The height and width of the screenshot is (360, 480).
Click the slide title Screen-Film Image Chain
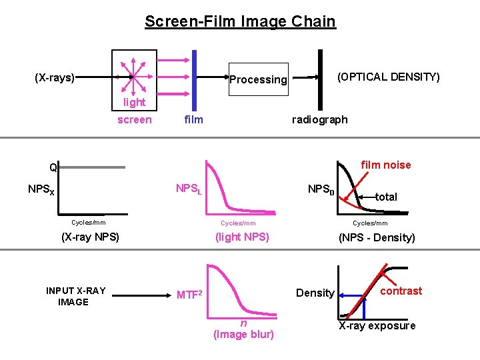click(240, 21)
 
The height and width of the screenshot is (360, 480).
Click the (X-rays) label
click(55, 77)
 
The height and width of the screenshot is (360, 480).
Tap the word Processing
click(258, 79)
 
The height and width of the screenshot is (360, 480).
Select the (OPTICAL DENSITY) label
click(389, 77)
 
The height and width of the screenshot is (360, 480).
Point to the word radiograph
click(320, 119)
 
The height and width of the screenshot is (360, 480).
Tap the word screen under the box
click(134, 120)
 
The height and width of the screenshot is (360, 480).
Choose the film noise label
click(386, 165)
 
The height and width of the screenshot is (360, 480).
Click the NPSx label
click(41, 189)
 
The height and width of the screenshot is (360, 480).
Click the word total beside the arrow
click(386, 197)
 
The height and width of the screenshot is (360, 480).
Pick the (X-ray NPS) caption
click(90, 237)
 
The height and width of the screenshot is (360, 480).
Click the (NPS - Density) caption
click(377, 237)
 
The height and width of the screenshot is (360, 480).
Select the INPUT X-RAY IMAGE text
click(75, 296)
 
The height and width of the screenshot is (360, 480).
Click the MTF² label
click(189, 294)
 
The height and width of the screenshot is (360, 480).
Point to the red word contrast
click(401, 291)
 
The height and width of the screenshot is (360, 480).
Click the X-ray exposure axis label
click(377, 325)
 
